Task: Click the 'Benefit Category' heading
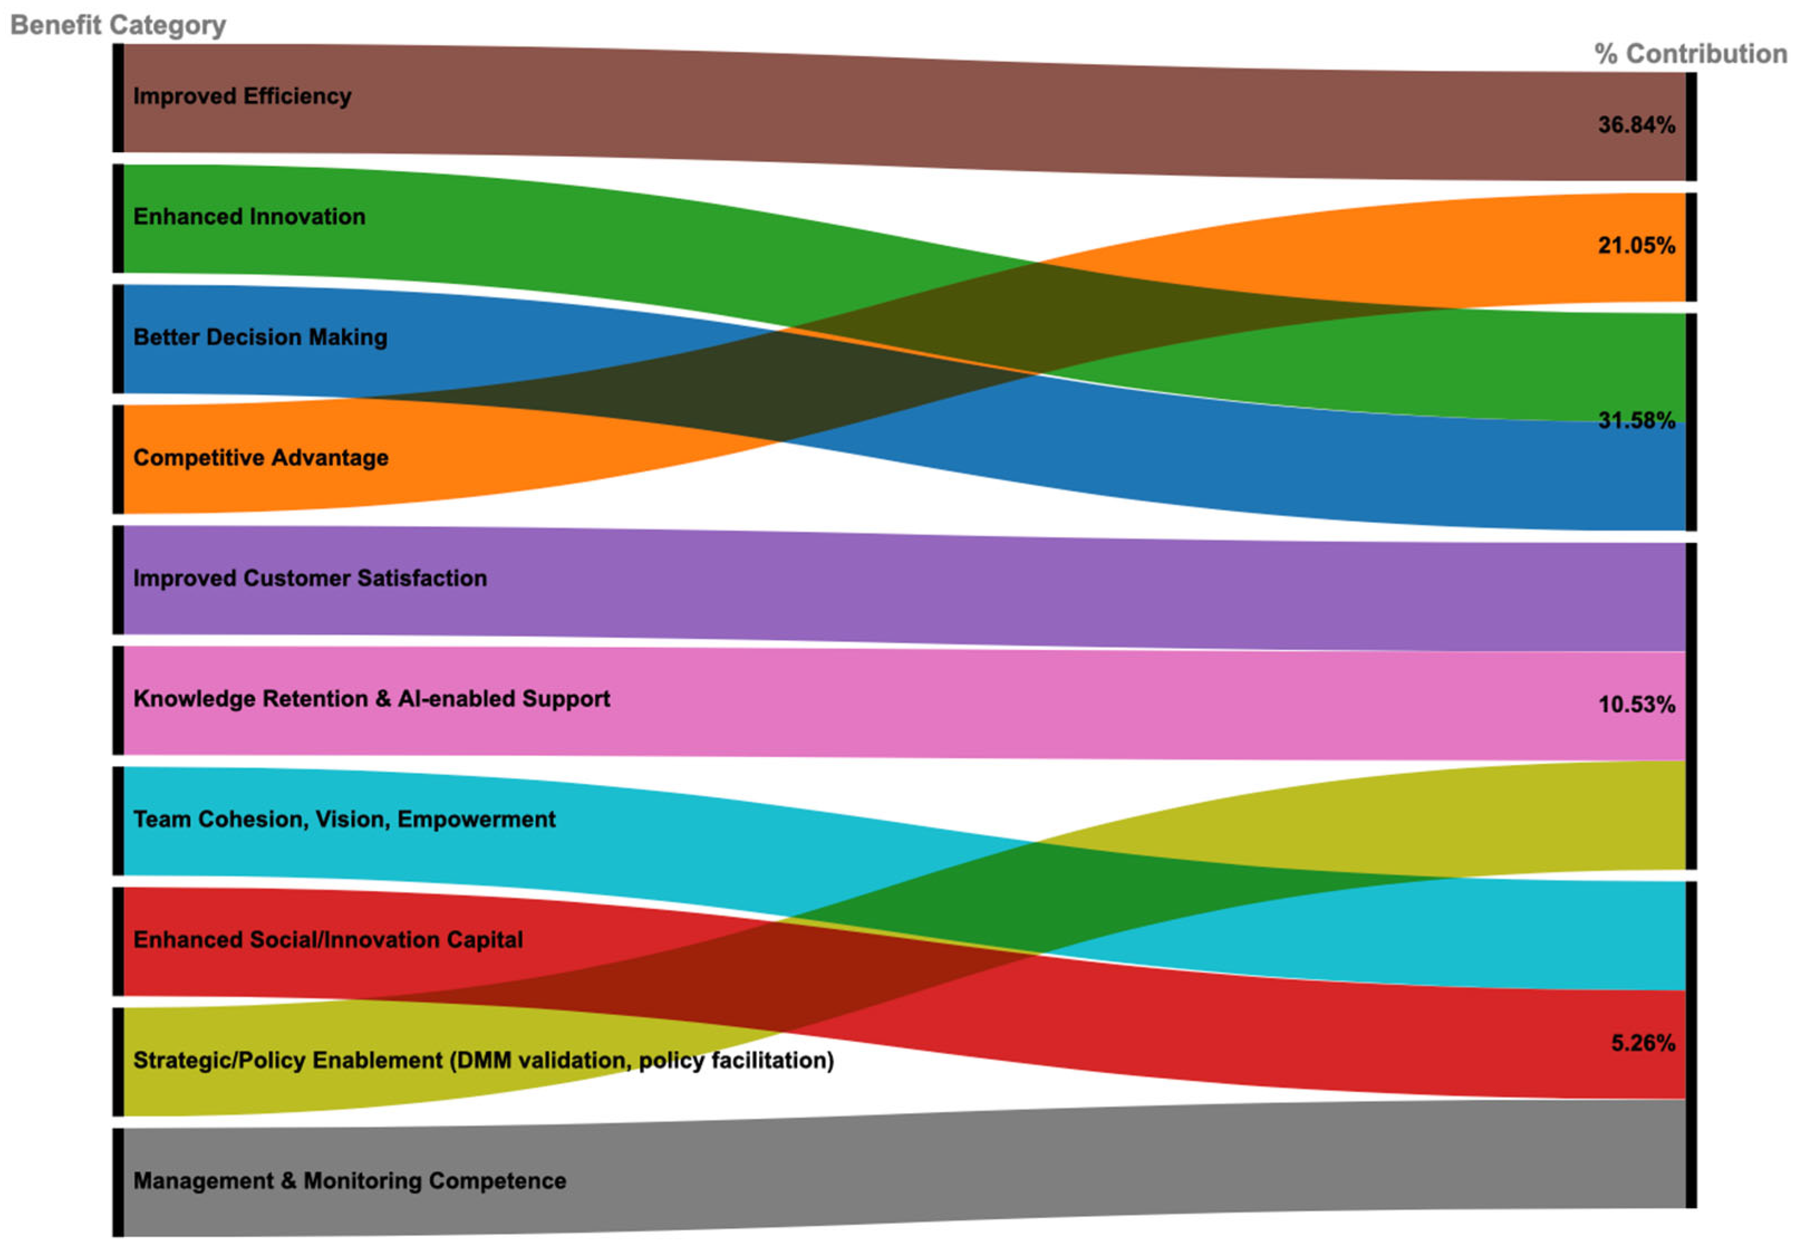tap(118, 25)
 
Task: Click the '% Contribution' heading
tap(1691, 54)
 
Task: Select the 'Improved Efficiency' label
tap(241, 96)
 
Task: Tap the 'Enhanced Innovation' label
tap(249, 216)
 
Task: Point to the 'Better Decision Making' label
tap(259, 337)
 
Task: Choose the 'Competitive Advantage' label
tap(260, 458)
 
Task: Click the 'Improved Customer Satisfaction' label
tap(310, 579)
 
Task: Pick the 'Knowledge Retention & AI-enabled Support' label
tap(371, 699)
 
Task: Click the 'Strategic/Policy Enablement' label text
tap(483, 1060)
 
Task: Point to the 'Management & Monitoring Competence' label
tap(349, 1181)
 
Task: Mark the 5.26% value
tap(1642, 1043)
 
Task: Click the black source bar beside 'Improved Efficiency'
tap(118, 98)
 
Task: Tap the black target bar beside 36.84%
tap(1691, 126)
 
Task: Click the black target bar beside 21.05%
tap(1691, 247)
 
